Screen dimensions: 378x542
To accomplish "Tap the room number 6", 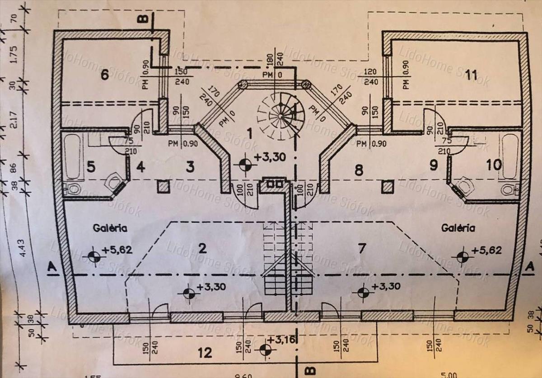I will pos(104,75).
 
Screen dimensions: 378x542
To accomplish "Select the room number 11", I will pos(471,75).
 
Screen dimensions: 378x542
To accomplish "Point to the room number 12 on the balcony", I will pos(205,352).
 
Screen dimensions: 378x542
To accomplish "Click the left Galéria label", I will pos(110,228).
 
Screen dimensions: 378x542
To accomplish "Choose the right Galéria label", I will pos(458,228).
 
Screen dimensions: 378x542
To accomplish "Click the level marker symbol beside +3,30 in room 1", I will pos(245,165).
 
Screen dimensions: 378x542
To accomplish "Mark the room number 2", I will pos(202,248).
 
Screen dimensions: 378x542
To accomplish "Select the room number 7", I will pos(361,248).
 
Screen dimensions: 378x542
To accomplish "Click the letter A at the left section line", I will pos(52,268).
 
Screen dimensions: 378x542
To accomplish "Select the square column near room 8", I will pos(387,187).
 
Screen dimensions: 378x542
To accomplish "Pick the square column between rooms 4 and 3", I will pos(163,187).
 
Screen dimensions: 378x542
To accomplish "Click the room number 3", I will pos(190,167).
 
